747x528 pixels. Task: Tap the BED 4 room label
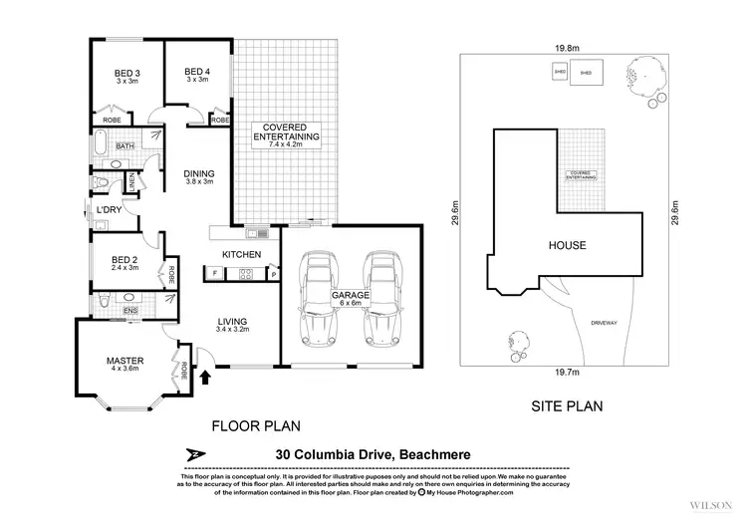[x=196, y=74]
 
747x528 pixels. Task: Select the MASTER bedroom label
[x=126, y=361]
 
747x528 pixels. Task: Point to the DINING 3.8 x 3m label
[x=200, y=176]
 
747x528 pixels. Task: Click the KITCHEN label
[x=241, y=255]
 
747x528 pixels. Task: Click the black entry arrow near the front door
[x=207, y=377]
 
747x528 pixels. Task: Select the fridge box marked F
[x=215, y=273]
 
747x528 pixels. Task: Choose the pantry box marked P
[x=272, y=273]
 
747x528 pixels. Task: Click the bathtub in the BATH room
[x=99, y=146]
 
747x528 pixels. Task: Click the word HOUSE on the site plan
[x=567, y=245]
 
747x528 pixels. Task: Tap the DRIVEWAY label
[x=603, y=323]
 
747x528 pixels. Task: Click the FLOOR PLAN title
[x=255, y=425]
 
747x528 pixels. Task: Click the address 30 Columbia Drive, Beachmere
[x=372, y=455]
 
